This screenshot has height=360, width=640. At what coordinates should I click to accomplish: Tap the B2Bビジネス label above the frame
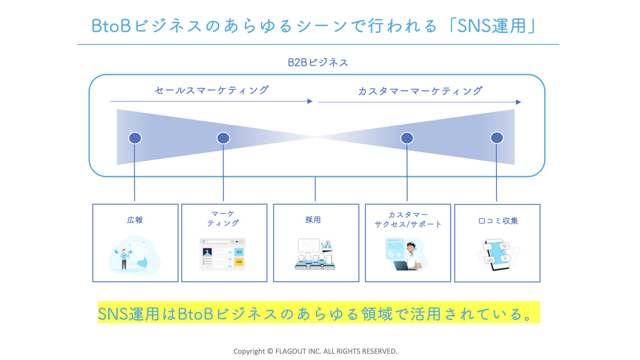pyautogui.click(x=317, y=63)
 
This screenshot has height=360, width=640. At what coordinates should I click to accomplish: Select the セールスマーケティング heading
pyautogui.click(x=212, y=90)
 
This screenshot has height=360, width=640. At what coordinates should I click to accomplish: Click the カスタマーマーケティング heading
pyautogui.click(x=420, y=91)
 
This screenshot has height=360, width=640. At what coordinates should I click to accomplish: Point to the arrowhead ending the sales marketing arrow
pyautogui.click(x=310, y=101)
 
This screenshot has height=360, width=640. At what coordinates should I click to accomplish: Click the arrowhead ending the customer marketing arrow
pyautogui.click(x=518, y=102)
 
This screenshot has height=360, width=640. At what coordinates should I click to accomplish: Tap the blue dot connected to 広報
pyautogui.click(x=135, y=138)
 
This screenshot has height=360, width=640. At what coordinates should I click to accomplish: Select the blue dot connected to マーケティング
pyautogui.click(x=223, y=138)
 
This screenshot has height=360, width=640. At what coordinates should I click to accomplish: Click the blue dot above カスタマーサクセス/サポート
pyautogui.click(x=407, y=138)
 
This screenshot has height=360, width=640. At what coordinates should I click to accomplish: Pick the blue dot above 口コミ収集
pyautogui.click(x=496, y=138)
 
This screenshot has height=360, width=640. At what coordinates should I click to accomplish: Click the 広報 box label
pyautogui.click(x=135, y=220)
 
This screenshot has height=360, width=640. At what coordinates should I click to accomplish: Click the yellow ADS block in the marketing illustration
pyautogui.click(x=239, y=262)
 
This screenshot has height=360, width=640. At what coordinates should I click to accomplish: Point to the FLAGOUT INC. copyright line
pyautogui.click(x=315, y=351)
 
